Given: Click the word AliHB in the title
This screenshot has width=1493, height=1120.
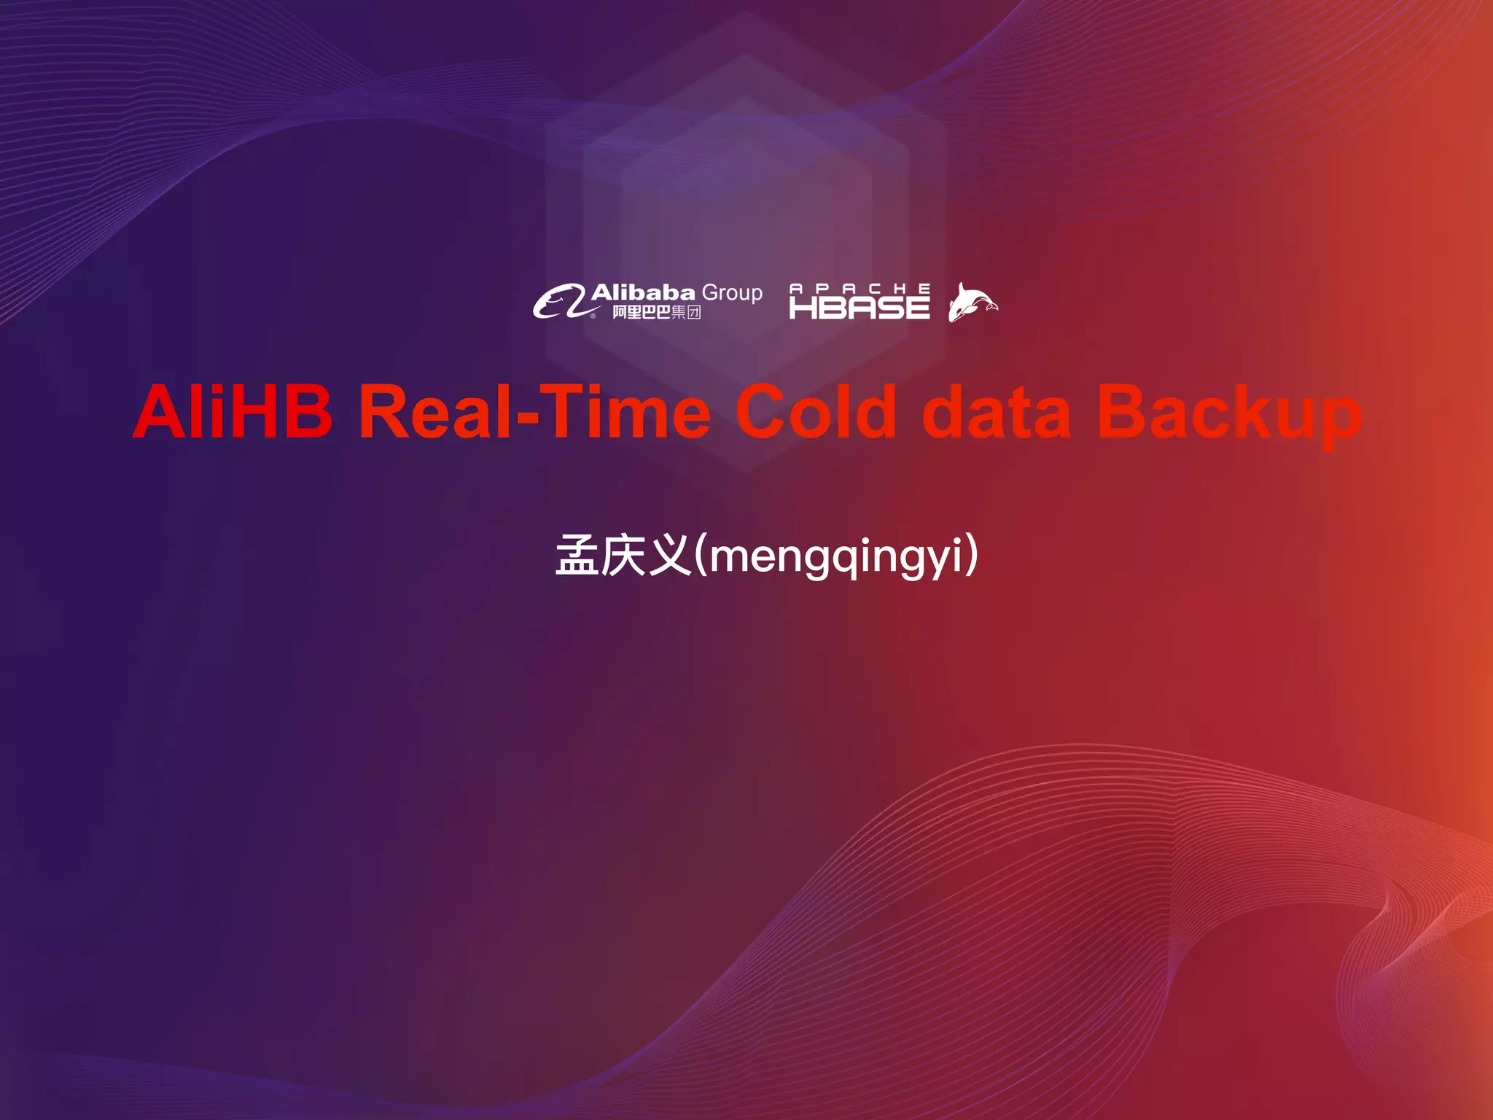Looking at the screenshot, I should coord(233,412).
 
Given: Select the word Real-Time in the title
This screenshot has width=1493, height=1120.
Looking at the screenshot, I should coord(534,412).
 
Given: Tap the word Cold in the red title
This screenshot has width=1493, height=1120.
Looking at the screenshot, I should coord(816,412).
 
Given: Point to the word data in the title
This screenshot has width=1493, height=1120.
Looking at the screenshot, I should coord(997,413).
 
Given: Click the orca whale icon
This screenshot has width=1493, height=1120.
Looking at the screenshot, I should coord(972,302).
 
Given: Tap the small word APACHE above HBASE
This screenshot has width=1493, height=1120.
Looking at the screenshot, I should coord(859,289).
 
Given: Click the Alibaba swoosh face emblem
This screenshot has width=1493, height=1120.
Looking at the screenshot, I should coord(558,302).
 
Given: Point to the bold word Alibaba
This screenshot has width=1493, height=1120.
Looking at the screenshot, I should coord(643,293).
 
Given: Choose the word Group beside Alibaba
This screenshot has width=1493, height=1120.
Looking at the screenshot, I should coord(732,293).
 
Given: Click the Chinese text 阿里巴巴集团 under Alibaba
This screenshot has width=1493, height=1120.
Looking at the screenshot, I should coord(656,313).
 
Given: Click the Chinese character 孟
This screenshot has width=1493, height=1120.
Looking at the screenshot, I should coord(577,556).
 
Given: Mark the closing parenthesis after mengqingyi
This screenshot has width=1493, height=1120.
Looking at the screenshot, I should coord(972,556).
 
